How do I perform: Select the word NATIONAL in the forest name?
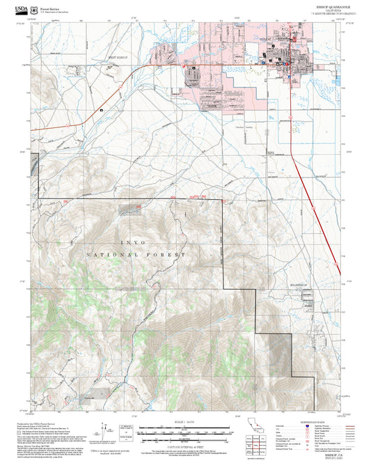pyautogui.click(x=113, y=256)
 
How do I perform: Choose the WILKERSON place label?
pyautogui.click(x=300, y=286)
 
